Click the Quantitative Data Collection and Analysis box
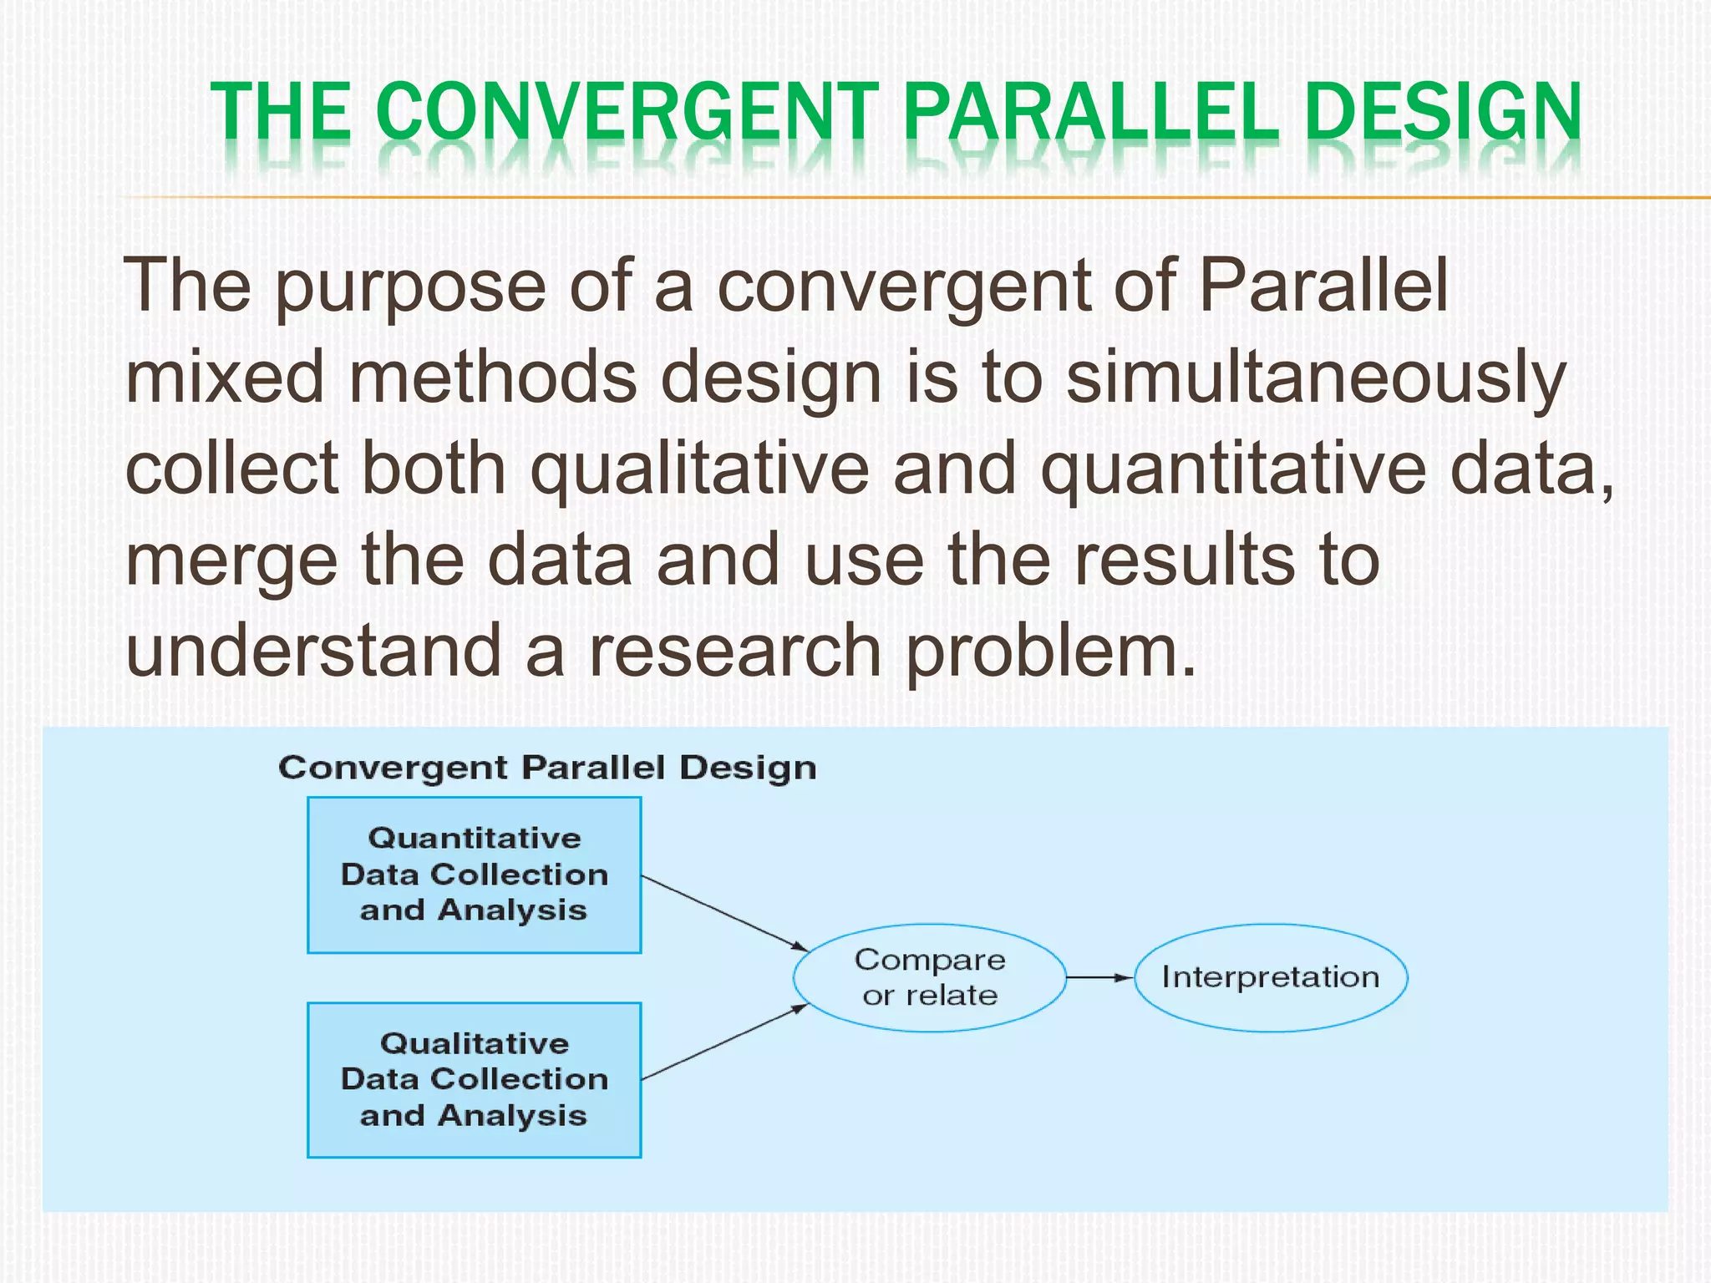point(474,875)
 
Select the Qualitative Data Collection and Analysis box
point(474,1080)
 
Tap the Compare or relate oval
point(929,977)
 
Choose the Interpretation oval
point(1270,977)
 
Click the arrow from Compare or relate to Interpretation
point(1099,977)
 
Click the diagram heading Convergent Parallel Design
point(547,768)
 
